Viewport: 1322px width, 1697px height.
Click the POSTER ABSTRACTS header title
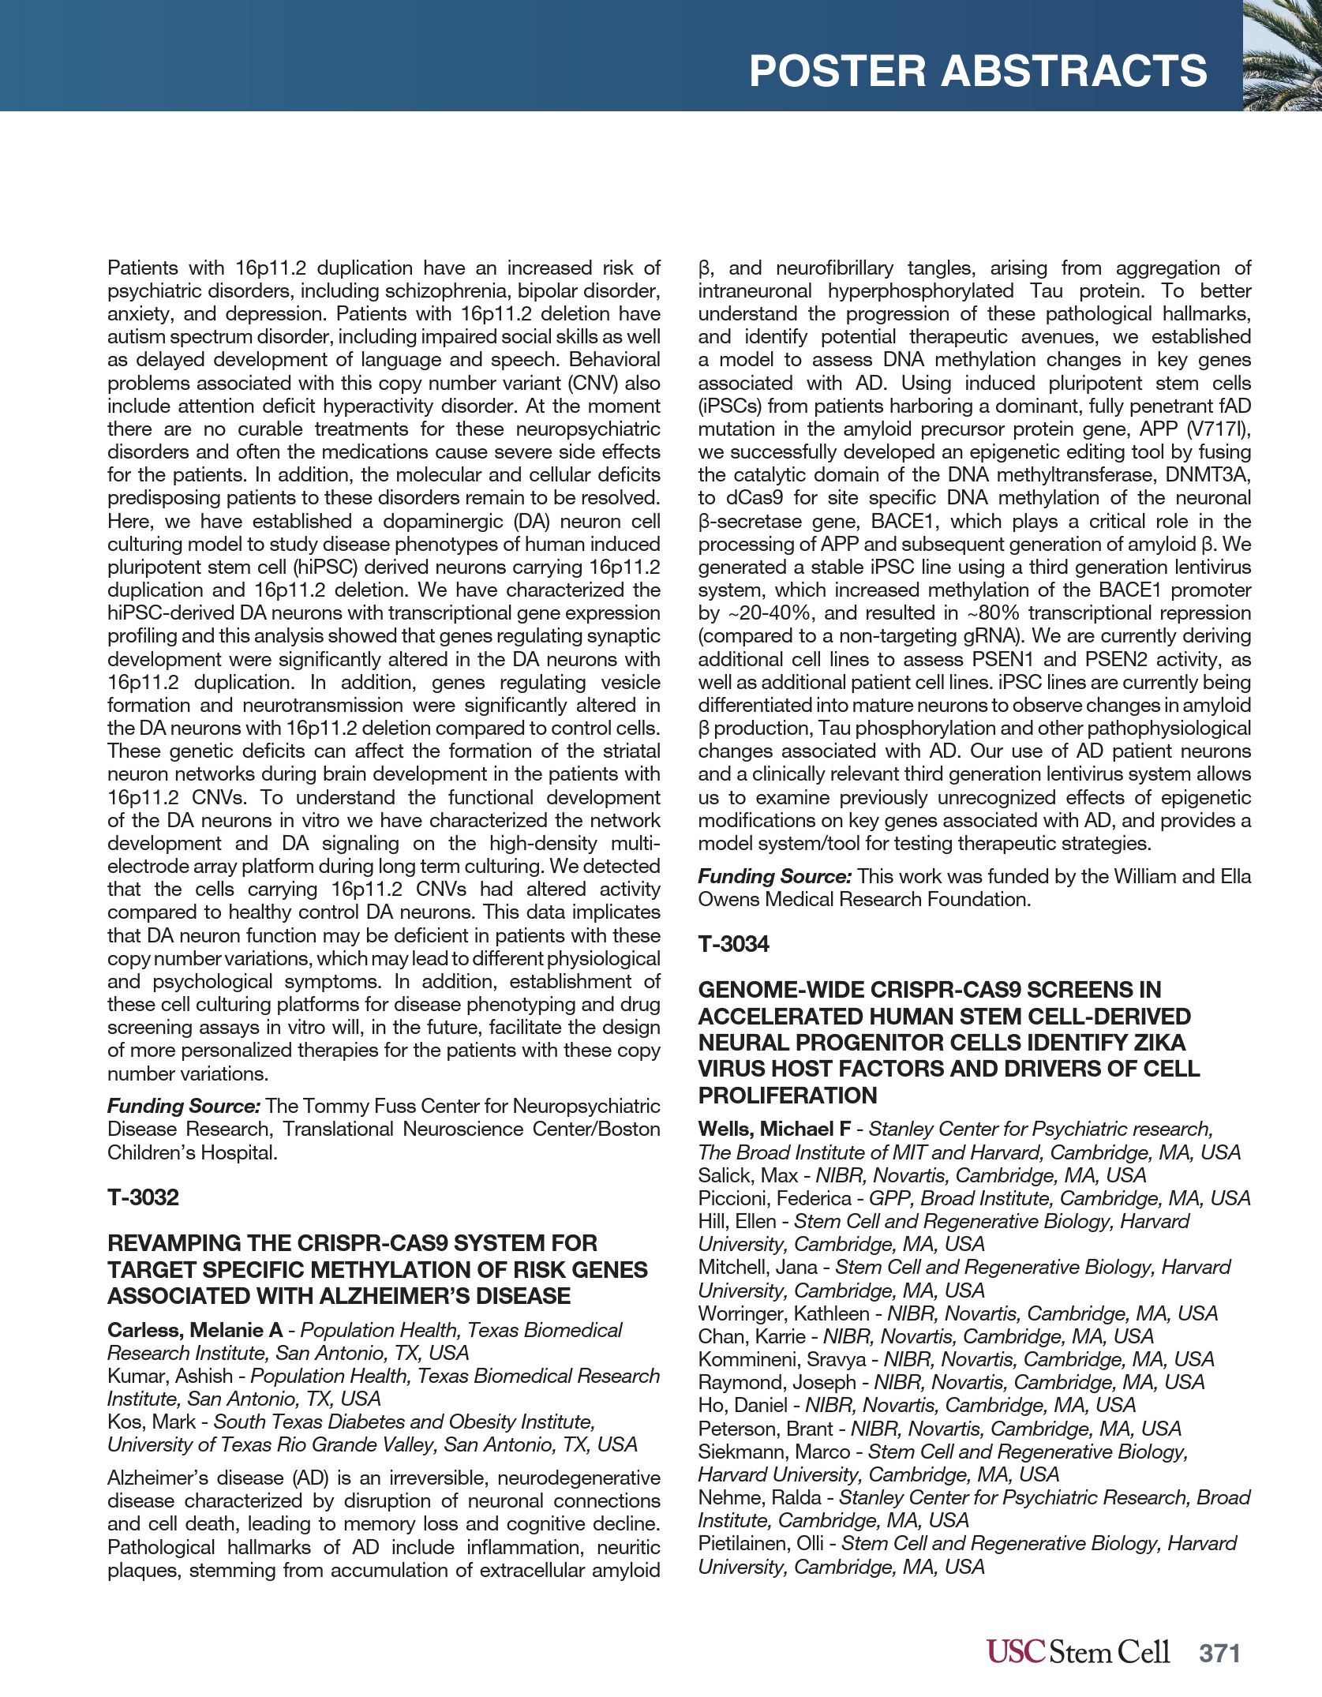(977, 71)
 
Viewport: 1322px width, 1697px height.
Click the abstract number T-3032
(143, 1197)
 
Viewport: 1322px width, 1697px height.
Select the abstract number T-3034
(733, 944)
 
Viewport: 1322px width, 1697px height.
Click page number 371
(1219, 1653)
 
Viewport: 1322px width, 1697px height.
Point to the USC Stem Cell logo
(1077, 1652)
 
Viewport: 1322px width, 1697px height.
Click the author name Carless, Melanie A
(194, 1330)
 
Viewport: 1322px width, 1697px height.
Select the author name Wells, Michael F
(773, 1129)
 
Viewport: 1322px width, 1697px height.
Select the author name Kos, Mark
(152, 1422)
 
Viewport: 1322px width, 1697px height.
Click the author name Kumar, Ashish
(170, 1376)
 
